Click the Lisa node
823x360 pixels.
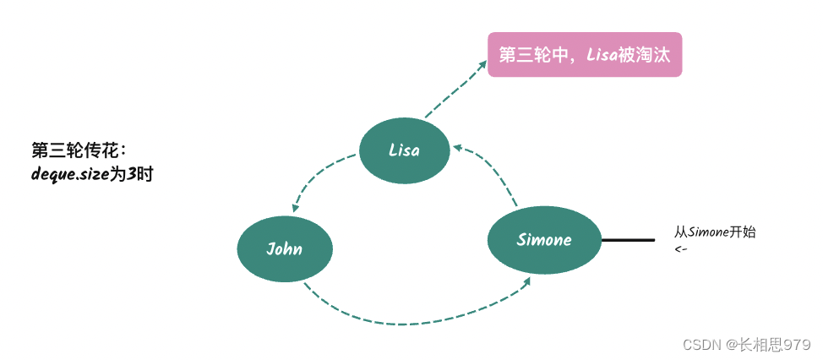(404, 150)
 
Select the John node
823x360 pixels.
(285, 249)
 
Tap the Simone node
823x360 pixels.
(544, 240)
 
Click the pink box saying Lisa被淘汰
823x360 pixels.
(585, 55)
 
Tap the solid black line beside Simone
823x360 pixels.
(628, 241)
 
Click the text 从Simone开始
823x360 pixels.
(715, 232)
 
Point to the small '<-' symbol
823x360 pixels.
(680, 249)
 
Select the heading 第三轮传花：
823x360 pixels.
(79, 150)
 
